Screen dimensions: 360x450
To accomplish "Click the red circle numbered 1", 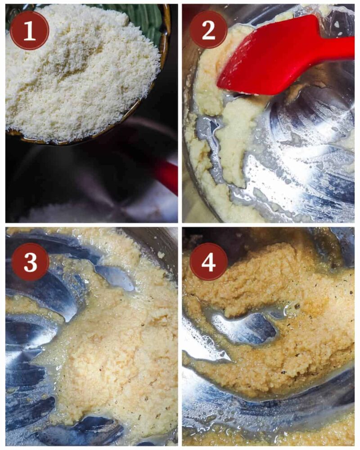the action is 30,30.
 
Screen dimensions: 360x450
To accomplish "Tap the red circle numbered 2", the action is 208,30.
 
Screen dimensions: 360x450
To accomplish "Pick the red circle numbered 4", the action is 209,262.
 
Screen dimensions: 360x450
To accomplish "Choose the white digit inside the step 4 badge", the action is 209,262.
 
